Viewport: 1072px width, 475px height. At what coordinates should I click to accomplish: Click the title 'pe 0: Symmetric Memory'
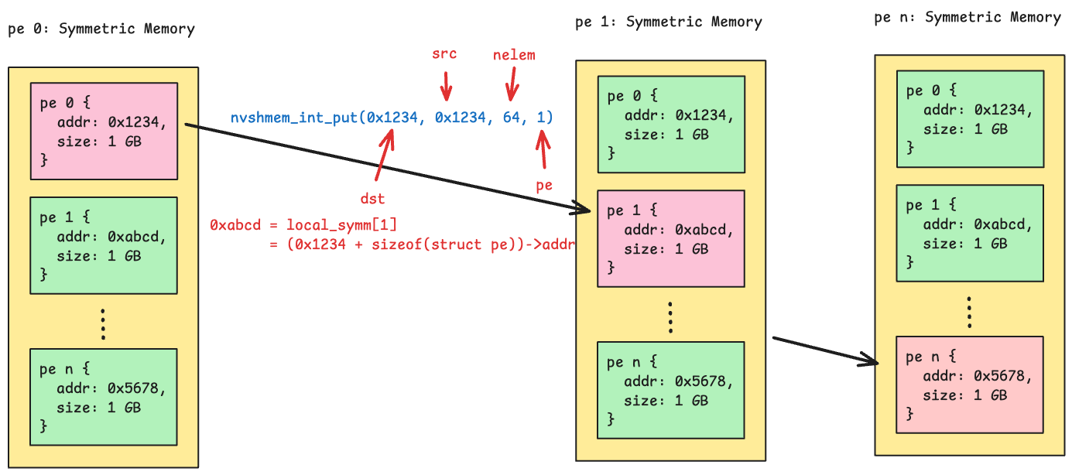[101, 29]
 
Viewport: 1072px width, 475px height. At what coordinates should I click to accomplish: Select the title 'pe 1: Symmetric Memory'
[669, 22]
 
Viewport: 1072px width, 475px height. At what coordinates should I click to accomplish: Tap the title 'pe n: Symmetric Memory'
[968, 17]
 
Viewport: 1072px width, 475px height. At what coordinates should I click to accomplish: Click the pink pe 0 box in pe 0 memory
[104, 131]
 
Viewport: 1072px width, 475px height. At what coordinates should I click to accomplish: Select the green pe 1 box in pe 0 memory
[104, 245]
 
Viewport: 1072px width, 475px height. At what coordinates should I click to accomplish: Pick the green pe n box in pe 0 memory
[104, 396]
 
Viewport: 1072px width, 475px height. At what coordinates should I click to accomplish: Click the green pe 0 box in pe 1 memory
[671, 125]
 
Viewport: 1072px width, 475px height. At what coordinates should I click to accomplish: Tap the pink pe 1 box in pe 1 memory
[671, 239]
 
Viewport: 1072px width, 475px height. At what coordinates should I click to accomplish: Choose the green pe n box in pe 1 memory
[671, 390]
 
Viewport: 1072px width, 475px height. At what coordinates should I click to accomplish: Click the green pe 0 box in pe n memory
[970, 118]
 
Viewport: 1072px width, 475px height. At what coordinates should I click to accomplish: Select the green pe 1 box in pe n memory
[970, 233]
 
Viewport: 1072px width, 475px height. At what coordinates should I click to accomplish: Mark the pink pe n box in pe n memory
[970, 384]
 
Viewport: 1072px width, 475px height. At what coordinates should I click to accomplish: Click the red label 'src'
[444, 54]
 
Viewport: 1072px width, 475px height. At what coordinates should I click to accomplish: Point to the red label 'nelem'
[514, 55]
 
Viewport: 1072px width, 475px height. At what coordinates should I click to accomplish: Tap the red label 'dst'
[372, 199]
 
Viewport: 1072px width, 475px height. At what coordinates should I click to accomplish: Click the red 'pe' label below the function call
[544, 186]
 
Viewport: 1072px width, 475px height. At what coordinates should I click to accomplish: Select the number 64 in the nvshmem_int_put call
[511, 118]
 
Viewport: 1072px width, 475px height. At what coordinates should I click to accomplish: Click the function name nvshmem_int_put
[294, 118]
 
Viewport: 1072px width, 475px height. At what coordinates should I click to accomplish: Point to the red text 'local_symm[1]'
[341, 225]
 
